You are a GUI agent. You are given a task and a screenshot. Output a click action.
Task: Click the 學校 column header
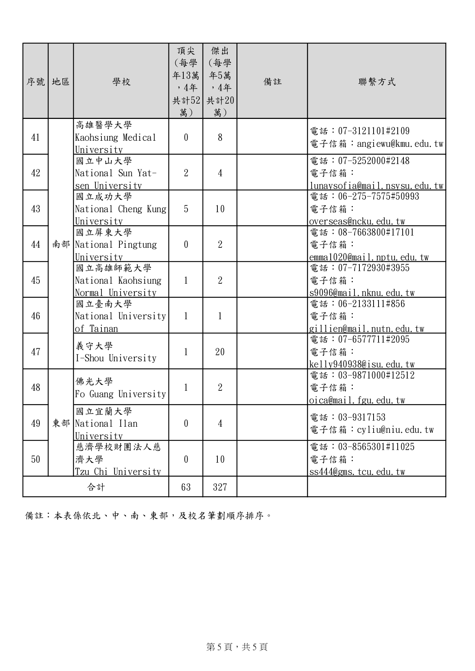pyautogui.click(x=121, y=81)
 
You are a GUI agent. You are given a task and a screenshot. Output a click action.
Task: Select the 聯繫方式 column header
pyautogui.click(x=376, y=81)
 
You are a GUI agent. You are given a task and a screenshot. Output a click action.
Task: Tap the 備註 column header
pyautogui.click(x=272, y=81)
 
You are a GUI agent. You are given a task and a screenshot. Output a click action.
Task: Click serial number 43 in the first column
pyautogui.click(x=36, y=209)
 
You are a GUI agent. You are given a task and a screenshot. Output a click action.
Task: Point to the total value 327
pyautogui.click(x=220, y=487)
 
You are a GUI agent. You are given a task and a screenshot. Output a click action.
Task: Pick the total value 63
pyautogui.click(x=186, y=487)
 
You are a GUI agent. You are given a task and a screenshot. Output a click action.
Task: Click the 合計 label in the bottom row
pyautogui.click(x=96, y=487)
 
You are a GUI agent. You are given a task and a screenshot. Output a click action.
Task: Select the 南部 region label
pyautogui.click(x=61, y=245)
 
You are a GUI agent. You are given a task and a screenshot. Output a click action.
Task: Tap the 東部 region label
pyautogui.click(x=61, y=424)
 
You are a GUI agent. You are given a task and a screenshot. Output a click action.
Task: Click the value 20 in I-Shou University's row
pyautogui.click(x=220, y=352)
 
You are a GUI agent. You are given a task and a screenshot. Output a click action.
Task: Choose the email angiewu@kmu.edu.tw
pyautogui.click(x=400, y=144)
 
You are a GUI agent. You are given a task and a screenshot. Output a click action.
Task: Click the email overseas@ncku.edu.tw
pyautogui.click(x=357, y=221)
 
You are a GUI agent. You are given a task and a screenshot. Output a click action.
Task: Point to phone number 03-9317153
pyautogui.click(x=362, y=418)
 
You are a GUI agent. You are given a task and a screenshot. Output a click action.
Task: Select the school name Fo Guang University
pyautogui.click(x=121, y=394)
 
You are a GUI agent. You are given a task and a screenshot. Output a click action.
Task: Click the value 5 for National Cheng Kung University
pyautogui.click(x=186, y=209)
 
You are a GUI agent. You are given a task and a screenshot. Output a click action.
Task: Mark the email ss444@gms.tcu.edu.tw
pyautogui.click(x=357, y=472)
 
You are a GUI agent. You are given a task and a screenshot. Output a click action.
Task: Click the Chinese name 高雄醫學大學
pyautogui.click(x=104, y=125)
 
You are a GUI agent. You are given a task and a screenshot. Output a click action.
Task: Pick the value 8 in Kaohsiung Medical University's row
pyautogui.click(x=220, y=138)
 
